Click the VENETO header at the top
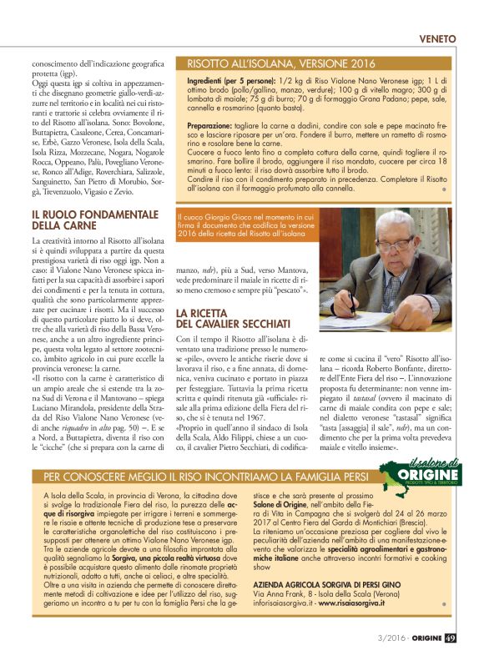437,38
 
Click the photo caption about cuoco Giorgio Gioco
246,225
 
